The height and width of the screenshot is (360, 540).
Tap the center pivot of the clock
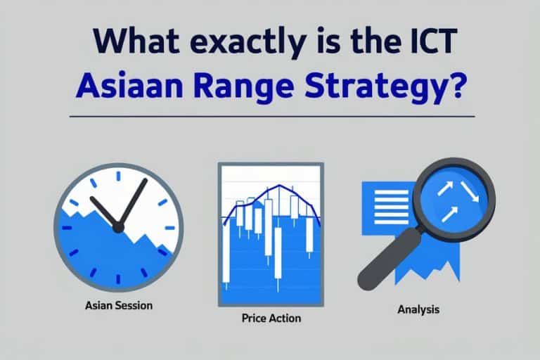(x=118, y=226)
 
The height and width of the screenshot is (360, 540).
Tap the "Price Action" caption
(x=271, y=319)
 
